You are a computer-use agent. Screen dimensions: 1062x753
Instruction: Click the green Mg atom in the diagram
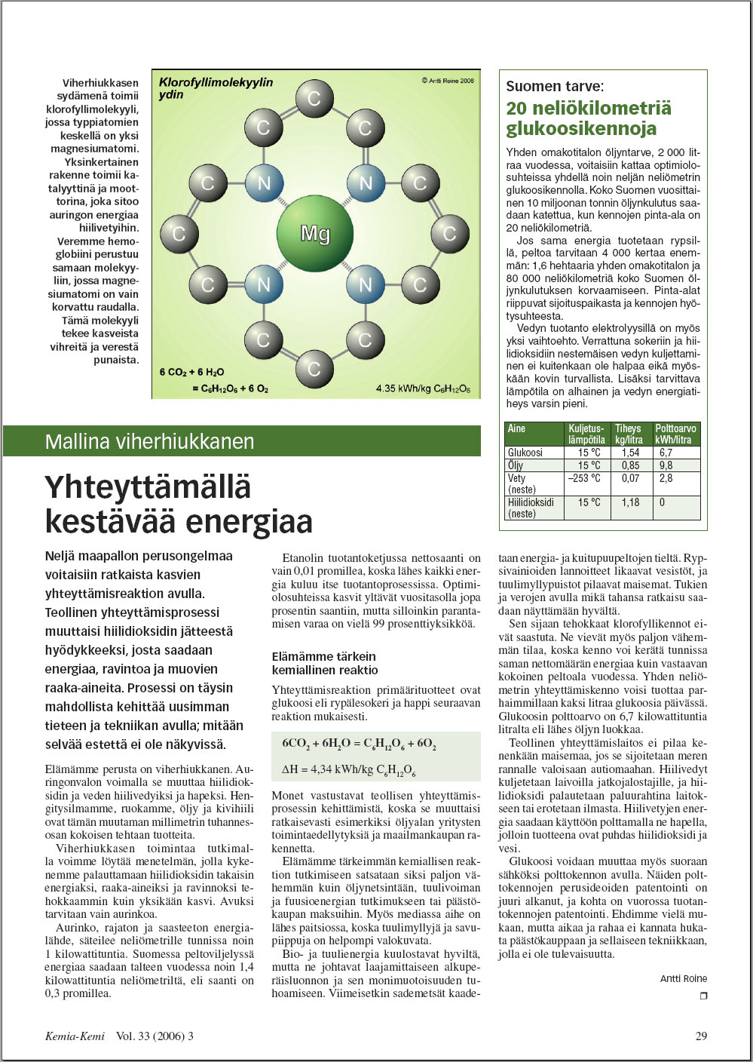tap(315, 233)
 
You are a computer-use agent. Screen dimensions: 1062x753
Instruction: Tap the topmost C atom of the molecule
tap(314, 98)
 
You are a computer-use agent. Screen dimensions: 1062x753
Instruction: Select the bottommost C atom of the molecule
tap(314, 369)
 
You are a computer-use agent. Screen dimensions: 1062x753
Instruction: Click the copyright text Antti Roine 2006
tap(448, 81)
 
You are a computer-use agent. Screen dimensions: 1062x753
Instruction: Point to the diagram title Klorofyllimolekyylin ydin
tap(216, 88)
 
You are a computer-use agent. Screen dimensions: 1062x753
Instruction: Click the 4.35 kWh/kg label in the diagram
tap(423, 389)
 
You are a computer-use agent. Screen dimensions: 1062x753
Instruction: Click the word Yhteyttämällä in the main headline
tap(148, 487)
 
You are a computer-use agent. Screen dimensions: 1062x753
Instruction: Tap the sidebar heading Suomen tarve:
tap(555, 86)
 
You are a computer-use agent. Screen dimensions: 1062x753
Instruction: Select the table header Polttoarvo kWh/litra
tap(675, 434)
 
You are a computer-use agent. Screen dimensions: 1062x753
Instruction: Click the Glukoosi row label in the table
tap(525, 453)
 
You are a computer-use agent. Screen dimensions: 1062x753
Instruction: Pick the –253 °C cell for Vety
tap(584, 478)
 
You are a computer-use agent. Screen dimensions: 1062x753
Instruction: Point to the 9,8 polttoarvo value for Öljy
tap(666, 465)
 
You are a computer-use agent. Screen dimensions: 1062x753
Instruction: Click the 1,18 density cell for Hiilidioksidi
tap(630, 502)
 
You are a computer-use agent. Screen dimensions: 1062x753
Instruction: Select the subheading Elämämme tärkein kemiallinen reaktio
tap(325, 663)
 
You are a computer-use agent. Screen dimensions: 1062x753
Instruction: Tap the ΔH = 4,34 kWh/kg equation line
tap(349, 770)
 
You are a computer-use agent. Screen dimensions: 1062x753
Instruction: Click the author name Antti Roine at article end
tap(684, 978)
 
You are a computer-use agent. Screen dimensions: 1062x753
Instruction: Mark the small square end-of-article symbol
tap(703, 996)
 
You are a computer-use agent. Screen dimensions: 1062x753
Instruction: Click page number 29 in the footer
tap(701, 1036)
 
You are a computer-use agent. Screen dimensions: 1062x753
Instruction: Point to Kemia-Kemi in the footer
tap(75, 1036)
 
